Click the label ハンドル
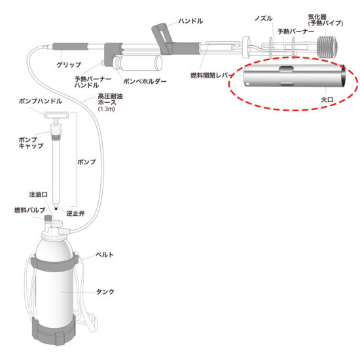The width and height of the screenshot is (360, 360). click(x=190, y=21)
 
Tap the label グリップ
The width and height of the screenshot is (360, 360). click(x=69, y=65)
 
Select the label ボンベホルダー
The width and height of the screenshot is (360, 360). click(x=145, y=81)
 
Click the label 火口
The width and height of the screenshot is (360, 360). click(x=327, y=99)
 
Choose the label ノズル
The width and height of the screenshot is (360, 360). click(x=264, y=18)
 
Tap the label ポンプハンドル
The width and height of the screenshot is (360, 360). click(x=41, y=101)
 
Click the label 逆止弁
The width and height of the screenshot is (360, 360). click(x=75, y=213)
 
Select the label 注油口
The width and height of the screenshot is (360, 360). click(x=39, y=194)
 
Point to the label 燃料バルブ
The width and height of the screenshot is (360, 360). click(x=30, y=210)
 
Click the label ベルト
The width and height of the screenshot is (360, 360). click(x=105, y=255)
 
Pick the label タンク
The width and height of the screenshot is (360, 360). click(x=105, y=292)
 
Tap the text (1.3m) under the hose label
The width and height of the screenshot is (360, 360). click(x=106, y=109)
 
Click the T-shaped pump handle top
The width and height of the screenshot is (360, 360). click(x=56, y=115)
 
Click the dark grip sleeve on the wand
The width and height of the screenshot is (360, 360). click(x=70, y=46)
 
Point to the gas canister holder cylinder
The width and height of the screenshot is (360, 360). click(x=137, y=63)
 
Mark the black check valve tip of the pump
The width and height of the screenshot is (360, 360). click(x=56, y=208)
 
